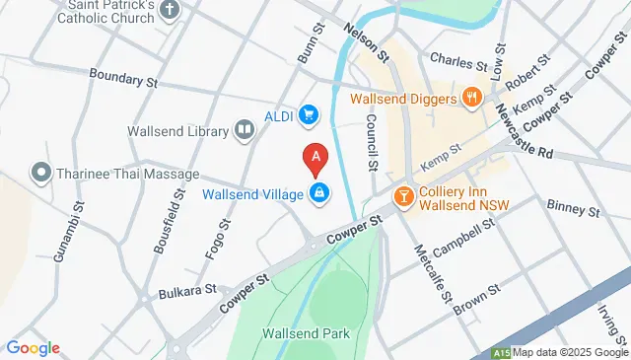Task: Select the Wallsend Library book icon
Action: click(x=243, y=130)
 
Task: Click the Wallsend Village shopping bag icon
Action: click(x=319, y=193)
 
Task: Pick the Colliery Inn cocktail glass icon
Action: click(x=402, y=196)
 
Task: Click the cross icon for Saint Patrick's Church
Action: click(x=171, y=11)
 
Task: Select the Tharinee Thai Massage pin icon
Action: click(x=40, y=174)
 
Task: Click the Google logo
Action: click(x=33, y=347)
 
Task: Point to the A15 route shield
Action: click(x=501, y=352)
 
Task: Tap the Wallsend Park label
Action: click(x=306, y=333)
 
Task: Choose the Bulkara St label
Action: click(x=186, y=291)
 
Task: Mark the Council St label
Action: click(x=373, y=140)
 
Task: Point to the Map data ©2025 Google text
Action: click(x=569, y=352)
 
